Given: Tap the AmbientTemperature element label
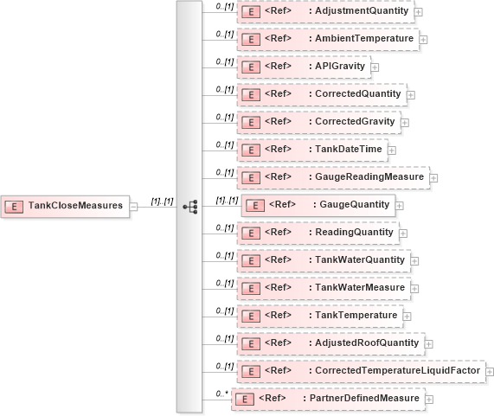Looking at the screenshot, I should click(x=328, y=39).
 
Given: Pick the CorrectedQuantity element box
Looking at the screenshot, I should click(x=321, y=93).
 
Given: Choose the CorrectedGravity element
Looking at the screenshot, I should click(x=318, y=121).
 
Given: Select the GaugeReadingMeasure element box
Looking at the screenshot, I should click(x=332, y=176).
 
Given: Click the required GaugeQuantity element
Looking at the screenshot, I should click(x=318, y=204).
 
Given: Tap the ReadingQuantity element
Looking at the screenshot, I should click(x=316, y=233).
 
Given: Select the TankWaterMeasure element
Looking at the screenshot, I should click(x=322, y=287).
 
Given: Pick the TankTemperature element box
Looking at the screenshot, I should click(x=319, y=315).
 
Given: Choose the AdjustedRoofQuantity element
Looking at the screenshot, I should click(x=329, y=342).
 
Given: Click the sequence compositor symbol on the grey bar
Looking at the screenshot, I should click(x=189, y=207).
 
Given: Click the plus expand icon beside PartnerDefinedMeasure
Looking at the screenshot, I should click(x=429, y=400).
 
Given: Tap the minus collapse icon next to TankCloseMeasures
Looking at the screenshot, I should click(x=134, y=206).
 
